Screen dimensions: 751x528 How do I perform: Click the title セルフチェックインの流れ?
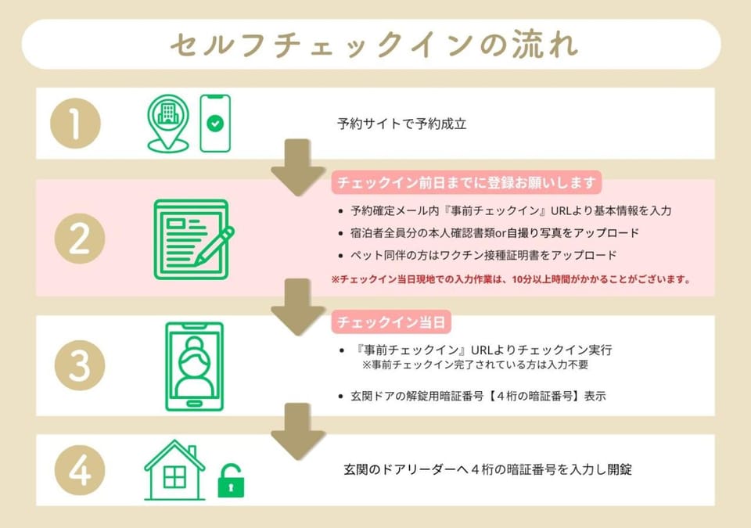pos(374,45)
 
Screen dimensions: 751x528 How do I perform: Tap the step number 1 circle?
pos(76,123)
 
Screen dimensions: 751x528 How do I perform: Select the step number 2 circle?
pos(80,238)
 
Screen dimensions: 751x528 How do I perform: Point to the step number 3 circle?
pos(80,365)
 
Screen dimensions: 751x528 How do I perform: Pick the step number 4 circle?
pos(80,470)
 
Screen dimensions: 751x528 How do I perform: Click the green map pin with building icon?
pos(167,123)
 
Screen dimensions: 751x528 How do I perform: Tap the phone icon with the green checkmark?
pos(215,123)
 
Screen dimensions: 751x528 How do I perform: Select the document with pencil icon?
pos(193,239)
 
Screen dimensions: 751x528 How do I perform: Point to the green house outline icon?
pos(174,469)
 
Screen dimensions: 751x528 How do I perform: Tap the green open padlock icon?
pos(231,480)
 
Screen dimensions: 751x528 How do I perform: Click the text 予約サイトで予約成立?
pos(402,124)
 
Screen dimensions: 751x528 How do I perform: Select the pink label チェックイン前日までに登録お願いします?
pos(466,182)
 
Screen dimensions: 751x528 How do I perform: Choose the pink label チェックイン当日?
pos(391,322)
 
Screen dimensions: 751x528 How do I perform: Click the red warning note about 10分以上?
pos(511,279)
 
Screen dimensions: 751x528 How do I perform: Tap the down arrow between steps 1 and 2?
pos(298,167)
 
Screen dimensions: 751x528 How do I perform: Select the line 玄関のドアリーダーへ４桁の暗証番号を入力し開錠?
pos(487,469)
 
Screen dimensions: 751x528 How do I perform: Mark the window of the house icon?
pos(174,476)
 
